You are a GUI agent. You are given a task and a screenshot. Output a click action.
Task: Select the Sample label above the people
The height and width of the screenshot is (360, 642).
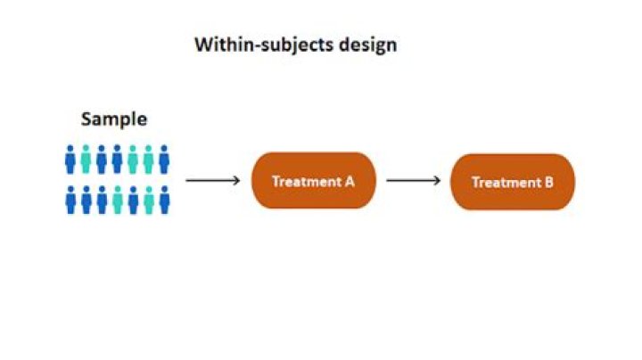point(114,119)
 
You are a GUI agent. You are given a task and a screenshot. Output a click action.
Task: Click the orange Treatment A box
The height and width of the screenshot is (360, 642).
point(313,181)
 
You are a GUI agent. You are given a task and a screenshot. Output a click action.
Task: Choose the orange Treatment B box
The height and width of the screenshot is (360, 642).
point(513,182)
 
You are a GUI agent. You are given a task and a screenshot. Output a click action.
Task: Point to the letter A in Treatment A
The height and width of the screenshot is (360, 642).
point(350,181)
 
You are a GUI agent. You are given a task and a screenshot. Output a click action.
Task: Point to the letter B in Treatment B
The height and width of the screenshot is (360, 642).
point(549,182)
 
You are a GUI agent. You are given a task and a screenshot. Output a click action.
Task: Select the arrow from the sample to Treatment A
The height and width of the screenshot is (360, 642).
point(213,181)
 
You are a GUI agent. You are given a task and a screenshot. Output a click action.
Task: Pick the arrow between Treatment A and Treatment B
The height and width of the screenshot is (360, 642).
point(413,181)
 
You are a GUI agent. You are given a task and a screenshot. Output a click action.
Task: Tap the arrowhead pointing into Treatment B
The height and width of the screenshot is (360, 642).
point(437,181)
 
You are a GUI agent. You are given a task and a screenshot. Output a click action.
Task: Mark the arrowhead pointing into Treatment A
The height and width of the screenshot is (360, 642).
point(237,181)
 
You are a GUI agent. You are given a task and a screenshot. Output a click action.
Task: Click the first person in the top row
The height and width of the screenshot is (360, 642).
point(70,160)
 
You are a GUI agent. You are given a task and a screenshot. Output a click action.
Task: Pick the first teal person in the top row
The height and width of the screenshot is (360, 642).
point(86,160)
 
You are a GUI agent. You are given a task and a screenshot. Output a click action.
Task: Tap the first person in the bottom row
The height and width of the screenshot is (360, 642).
point(70,200)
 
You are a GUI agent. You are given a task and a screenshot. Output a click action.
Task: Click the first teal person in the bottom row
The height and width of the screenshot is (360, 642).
point(117,200)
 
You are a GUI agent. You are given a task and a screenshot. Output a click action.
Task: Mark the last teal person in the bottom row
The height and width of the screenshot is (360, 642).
point(148,200)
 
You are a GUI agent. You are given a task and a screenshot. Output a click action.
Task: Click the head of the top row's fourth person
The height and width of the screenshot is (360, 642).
point(117,149)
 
